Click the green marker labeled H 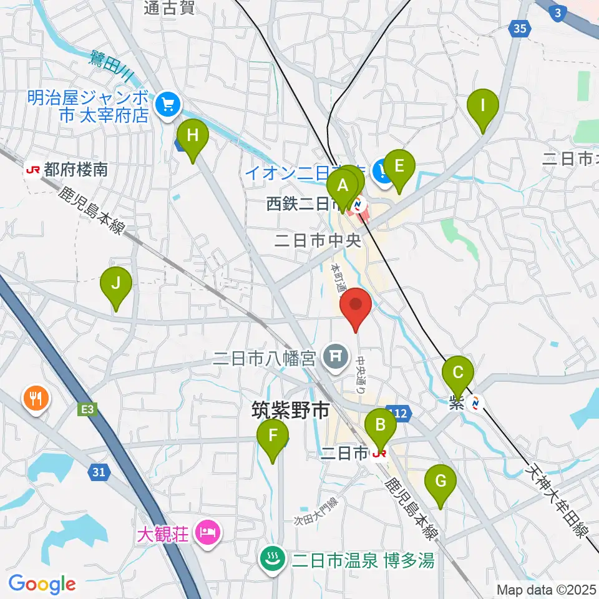point(192,135)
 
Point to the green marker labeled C point(457,373)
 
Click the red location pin point(356,305)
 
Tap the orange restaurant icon point(36,398)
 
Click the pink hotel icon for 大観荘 point(205,533)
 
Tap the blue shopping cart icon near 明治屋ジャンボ point(167,104)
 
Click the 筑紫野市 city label point(290,411)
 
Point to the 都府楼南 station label point(75,169)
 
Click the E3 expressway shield point(87,410)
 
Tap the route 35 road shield point(520,27)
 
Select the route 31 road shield point(98,472)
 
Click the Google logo point(42,584)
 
